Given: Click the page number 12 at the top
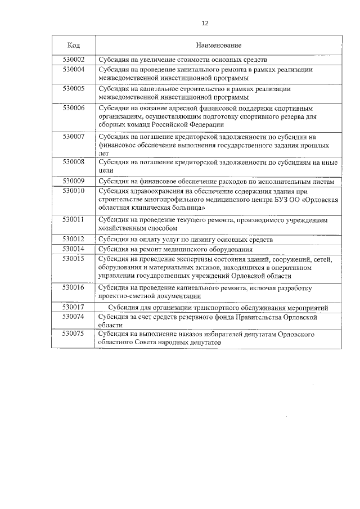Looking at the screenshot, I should coord(205,23).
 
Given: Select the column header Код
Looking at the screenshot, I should coord(73,44).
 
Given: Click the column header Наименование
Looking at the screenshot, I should coord(219,44).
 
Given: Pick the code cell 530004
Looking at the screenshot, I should coord(73,69).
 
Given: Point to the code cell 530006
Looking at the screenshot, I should coord(73,107).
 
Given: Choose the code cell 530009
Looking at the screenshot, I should coord(73,181).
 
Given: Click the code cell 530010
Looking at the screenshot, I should coord(73,191).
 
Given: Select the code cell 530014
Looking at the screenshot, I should coord(73,249).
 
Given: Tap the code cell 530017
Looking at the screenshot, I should coord(73,307).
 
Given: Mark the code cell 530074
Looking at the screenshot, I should coord(73,317).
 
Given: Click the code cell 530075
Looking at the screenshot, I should coord(73,334).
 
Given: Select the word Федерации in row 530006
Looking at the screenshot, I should coord(208,125).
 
